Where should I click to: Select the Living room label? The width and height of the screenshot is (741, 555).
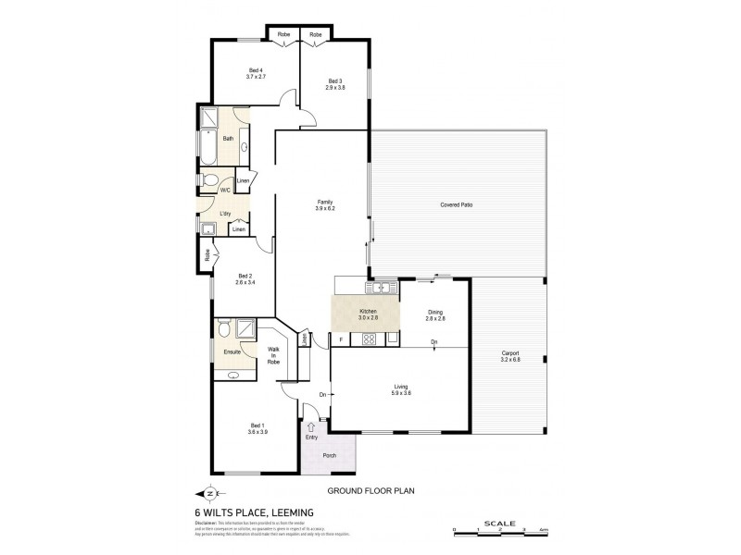[401, 389]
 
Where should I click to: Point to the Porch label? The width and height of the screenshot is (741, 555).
[329, 455]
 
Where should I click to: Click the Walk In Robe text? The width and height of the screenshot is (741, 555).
[273, 355]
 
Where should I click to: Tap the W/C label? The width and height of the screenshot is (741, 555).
[224, 190]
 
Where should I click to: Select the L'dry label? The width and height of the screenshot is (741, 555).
[225, 214]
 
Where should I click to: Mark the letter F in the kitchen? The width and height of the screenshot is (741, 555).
[341, 339]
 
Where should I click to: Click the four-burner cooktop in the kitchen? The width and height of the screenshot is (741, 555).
[368, 339]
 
